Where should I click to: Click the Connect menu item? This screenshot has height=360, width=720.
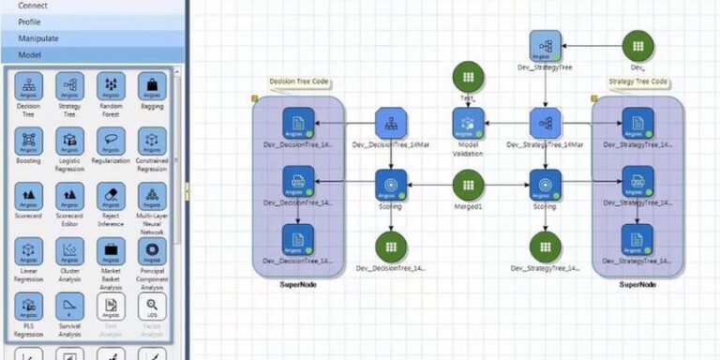tap(33, 6)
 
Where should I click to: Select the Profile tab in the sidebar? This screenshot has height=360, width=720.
tap(30, 22)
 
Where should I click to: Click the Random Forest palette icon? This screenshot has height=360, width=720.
tap(111, 85)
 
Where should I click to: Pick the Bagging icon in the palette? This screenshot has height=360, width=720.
tap(152, 85)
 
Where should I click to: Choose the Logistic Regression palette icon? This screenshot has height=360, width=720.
tap(70, 141)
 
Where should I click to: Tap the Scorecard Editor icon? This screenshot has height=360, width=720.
tap(70, 196)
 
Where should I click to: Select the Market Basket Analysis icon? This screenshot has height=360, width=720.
tap(111, 251)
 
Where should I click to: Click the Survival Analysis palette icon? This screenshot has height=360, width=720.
tap(70, 306)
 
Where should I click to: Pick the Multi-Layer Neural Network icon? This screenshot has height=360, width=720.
tap(152, 196)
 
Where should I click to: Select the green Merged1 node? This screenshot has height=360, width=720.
tap(468, 185)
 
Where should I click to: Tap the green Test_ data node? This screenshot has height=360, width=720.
tap(468, 77)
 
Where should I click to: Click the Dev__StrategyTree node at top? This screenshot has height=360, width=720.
tap(545, 45)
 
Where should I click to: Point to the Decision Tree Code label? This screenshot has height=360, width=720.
tap(300, 82)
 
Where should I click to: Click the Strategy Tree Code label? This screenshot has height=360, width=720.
tap(638, 82)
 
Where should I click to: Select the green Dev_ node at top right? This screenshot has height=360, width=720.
tap(638, 45)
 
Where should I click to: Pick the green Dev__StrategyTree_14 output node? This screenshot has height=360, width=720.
tap(545, 247)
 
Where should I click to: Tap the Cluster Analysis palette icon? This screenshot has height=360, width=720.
tap(70, 251)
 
